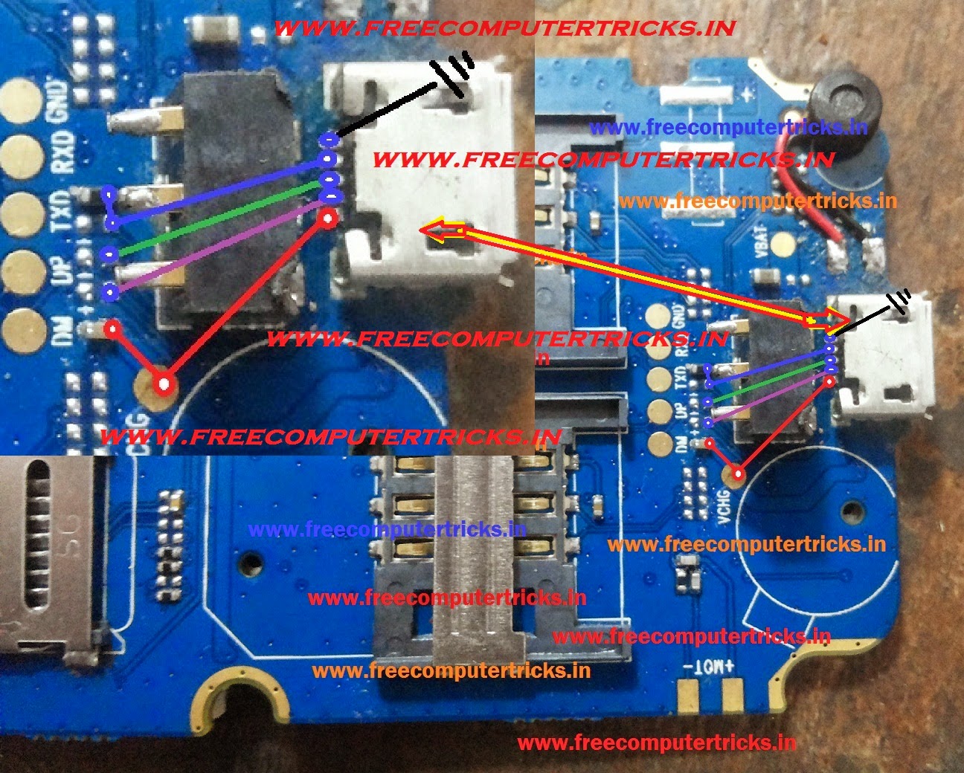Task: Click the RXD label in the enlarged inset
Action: (x=62, y=153)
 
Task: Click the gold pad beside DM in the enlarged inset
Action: (x=23, y=327)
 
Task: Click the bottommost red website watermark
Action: (x=656, y=742)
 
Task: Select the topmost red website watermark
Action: (x=505, y=29)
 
